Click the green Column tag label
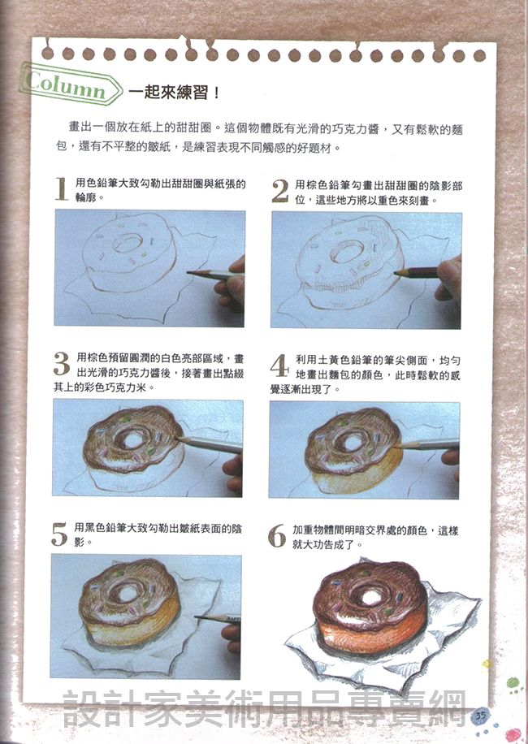pyautogui.click(x=69, y=84)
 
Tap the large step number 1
pyautogui.click(x=61, y=189)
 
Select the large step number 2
pyautogui.click(x=280, y=191)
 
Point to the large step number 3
pyautogui.click(x=62, y=364)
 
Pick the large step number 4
pyautogui.click(x=279, y=366)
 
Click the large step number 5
pyautogui.click(x=60, y=534)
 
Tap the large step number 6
pyautogui.click(x=277, y=536)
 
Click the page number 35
pyautogui.click(x=481, y=715)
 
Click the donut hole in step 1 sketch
pyautogui.click(x=128, y=244)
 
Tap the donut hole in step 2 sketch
pyautogui.click(x=347, y=251)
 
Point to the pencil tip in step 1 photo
pyautogui.click(x=188, y=272)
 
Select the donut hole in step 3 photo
pyautogui.click(x=132, y=440)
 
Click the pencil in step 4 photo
pyautogui.click(x=426, y=444)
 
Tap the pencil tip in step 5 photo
pyautogui.click(x=197, y=616)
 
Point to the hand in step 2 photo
pyautogui.click(x=448, y=280)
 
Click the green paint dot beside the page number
pyautogui.click(x=513, y=683)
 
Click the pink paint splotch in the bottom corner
pyautogui.click(x=513, y=734)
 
